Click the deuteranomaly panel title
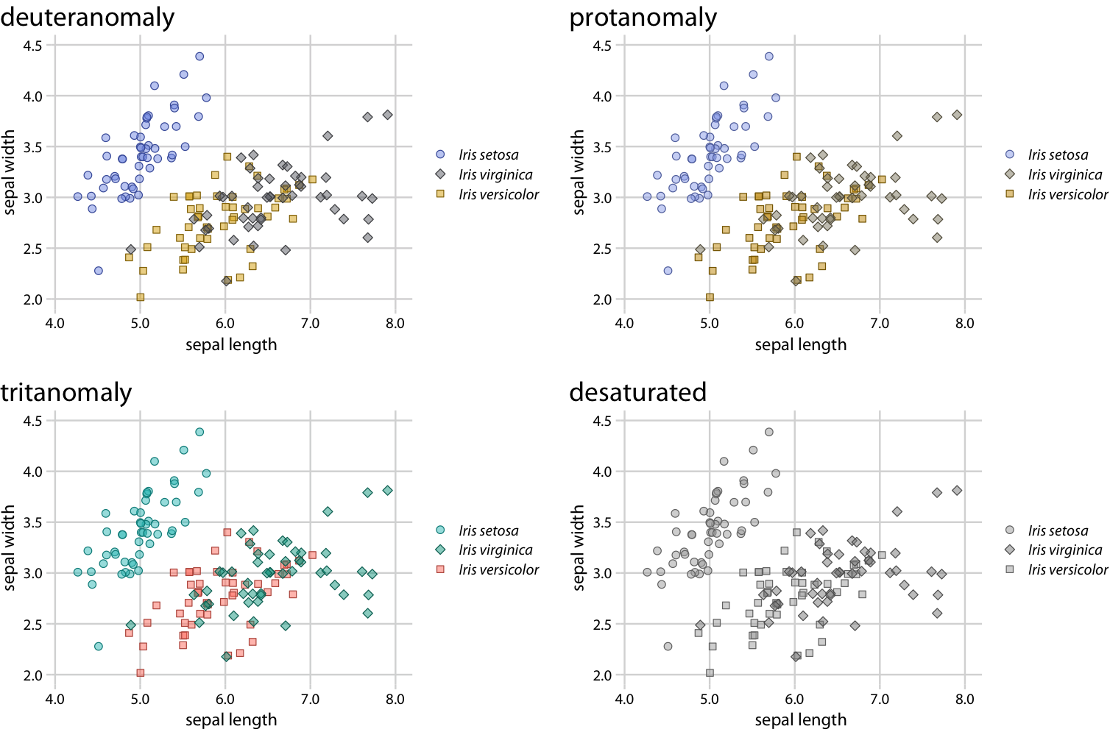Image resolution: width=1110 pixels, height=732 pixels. [87, 18]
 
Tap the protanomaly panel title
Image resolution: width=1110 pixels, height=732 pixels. [643, 18]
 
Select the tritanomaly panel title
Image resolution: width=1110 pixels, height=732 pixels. [66, 392]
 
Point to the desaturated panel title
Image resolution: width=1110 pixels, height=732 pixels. [637, 392]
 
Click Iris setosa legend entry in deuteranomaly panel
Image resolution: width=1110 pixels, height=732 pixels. [488, 155]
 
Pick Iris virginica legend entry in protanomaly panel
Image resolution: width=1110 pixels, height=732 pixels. [1064, 175]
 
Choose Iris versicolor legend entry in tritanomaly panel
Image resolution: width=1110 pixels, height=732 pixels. [498, 570]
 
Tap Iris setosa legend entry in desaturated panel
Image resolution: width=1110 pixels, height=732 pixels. [1058, 531]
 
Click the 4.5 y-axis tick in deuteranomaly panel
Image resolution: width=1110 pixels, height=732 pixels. [33, 46]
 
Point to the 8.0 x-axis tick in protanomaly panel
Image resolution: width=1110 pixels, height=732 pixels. [964, 324]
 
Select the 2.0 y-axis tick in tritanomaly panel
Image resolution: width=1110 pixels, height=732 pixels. [33, 675]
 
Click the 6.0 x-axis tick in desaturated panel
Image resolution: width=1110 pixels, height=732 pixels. [794, 699]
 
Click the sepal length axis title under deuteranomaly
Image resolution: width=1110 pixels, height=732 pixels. [231, 345]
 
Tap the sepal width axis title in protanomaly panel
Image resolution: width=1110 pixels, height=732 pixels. [579, 172]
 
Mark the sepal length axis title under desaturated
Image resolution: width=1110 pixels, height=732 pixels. [800, 720]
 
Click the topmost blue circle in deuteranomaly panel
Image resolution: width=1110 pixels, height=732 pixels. [199, 57]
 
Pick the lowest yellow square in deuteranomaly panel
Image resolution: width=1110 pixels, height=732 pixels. [141, 297]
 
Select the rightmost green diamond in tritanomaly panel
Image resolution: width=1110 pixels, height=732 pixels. [388, 491]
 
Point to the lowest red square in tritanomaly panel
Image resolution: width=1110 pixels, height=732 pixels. [141, 673]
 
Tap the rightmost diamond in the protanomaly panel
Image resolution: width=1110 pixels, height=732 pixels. [957, 115]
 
